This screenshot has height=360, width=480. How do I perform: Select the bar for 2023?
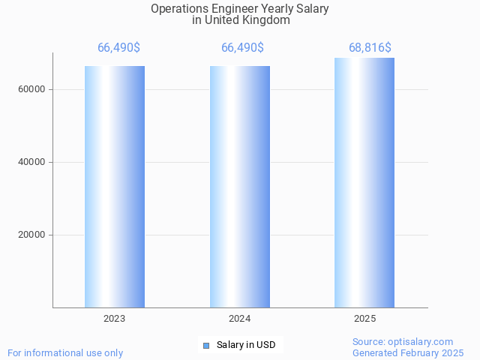[115, 187]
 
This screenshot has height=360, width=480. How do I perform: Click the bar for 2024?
[240, 187]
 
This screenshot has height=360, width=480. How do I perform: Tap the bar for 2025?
[364, 183]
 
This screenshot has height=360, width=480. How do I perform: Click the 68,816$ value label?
[370, 48]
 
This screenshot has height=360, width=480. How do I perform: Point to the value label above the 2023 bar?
[118, 48]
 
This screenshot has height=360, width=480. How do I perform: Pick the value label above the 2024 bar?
[242, 48]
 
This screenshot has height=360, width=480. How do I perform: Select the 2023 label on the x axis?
[115, 319]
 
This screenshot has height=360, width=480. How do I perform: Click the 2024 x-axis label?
[240, 319]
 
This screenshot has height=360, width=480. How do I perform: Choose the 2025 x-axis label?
[364, 319]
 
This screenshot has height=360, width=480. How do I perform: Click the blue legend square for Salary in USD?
[205, 345]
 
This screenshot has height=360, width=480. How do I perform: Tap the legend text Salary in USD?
[246, 345]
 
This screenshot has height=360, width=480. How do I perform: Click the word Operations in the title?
[178, 9]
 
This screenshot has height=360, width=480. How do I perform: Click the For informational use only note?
[65, 352]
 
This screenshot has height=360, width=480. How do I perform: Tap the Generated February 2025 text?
[408, 352]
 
